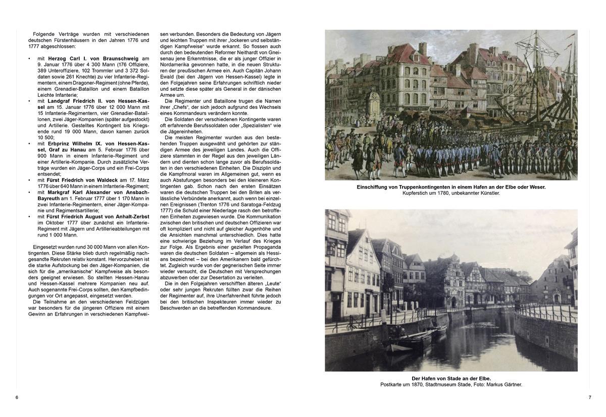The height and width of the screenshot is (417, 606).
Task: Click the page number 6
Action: click(x=17, y=398)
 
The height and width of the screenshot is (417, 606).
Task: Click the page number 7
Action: click(x=589, y=398)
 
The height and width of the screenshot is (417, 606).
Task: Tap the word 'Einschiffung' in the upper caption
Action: click(x=373, y=187)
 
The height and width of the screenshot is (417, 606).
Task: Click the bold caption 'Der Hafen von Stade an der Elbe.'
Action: click(x=451, y=378)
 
